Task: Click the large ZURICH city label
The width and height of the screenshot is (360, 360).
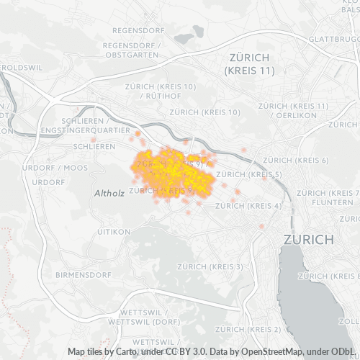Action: [309, 239]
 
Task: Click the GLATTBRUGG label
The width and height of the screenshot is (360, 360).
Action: [334, 39]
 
